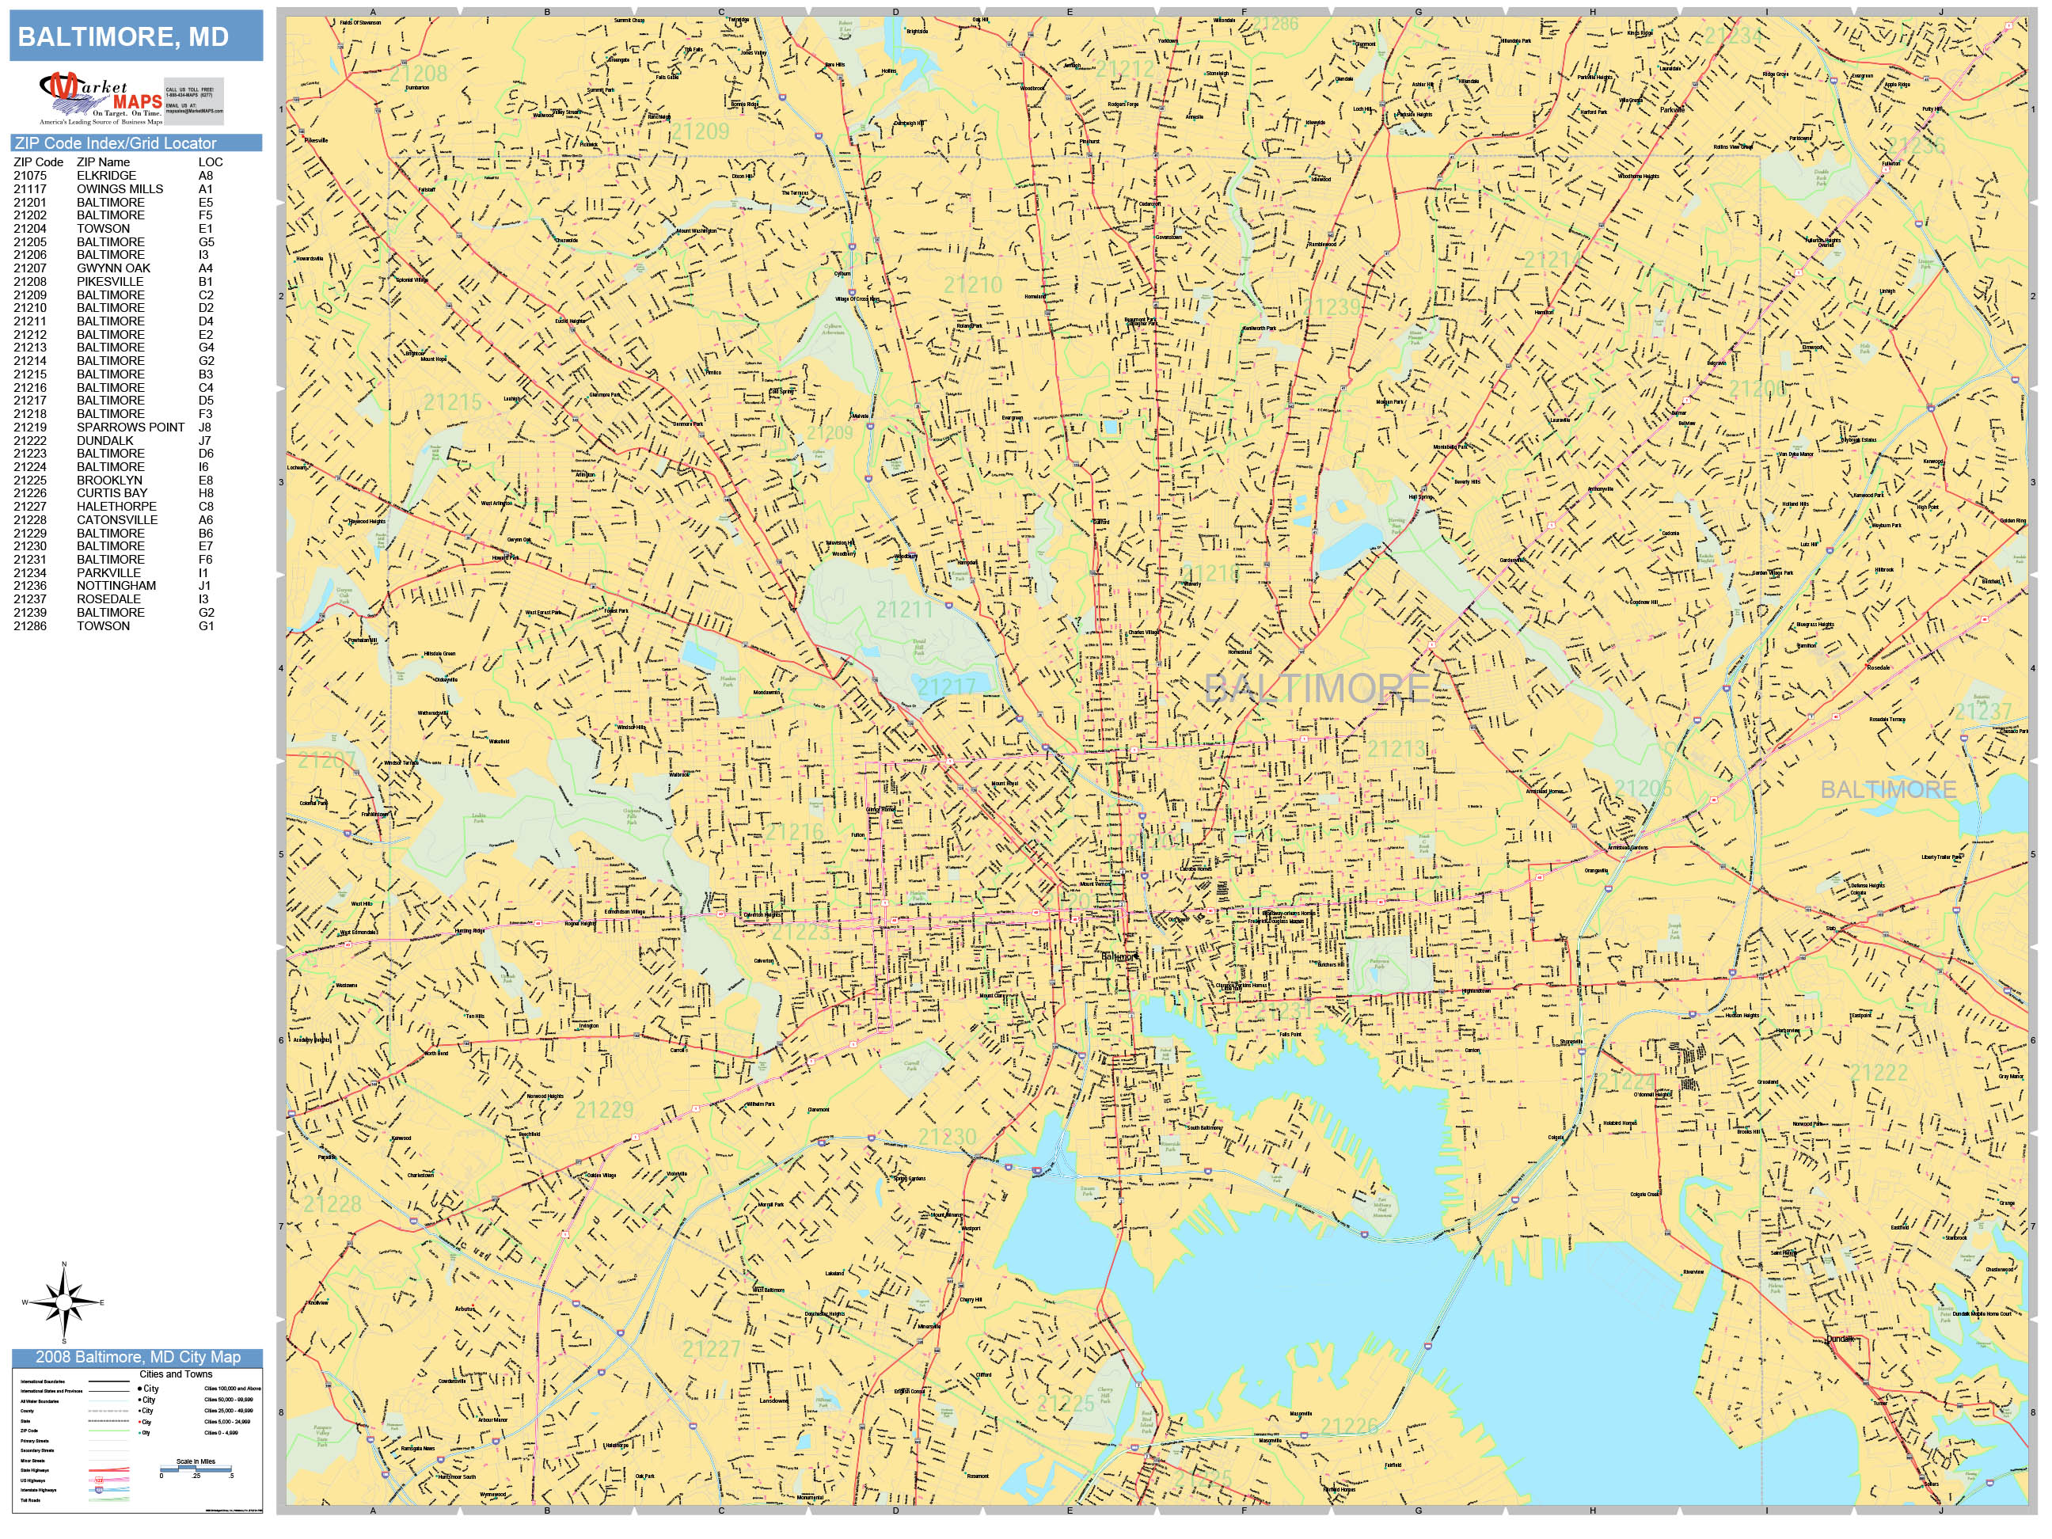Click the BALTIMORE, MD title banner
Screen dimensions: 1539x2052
[x=136, y=36]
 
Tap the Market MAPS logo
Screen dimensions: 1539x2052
[x=102, y=98]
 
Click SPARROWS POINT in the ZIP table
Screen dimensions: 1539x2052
[x=130, y=427]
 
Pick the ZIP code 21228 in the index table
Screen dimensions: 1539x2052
[x=29, y=520]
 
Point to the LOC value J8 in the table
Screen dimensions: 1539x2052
[x=205, y=427]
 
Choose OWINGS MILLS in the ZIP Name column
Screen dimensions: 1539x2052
[x=120, y=189]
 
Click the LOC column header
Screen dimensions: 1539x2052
[x=211, y=162]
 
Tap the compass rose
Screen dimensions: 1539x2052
[x=64, y=1302]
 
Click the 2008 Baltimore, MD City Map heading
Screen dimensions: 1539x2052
[x=137, y=1357]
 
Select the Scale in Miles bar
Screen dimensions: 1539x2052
[x=196, y=1469]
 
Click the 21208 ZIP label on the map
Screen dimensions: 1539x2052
[x=418, y=74]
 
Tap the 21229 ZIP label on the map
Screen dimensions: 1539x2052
[x=604, y=1109]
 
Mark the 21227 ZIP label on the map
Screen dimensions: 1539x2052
[x=712, y=1349]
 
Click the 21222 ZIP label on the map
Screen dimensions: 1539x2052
[x=1879, y=1073]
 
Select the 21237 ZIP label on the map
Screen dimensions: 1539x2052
[x=1982, y=712]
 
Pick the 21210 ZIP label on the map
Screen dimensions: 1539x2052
[x=972, y=285]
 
